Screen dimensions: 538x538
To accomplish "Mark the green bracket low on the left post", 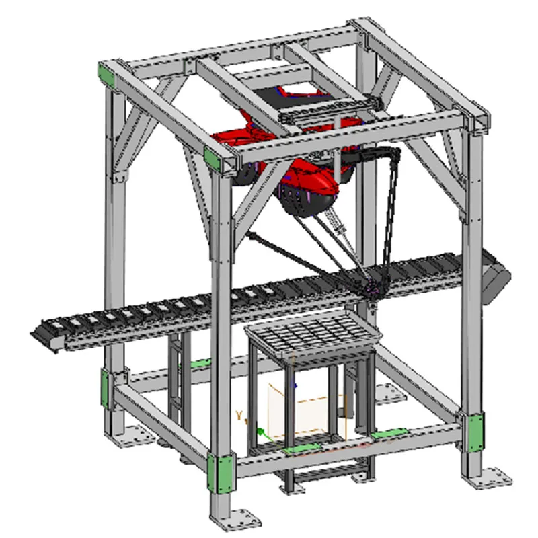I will pyautogui.click(x=106, y=389).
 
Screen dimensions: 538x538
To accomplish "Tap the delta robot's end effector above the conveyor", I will pyautogui.click(x=371, y=289).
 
